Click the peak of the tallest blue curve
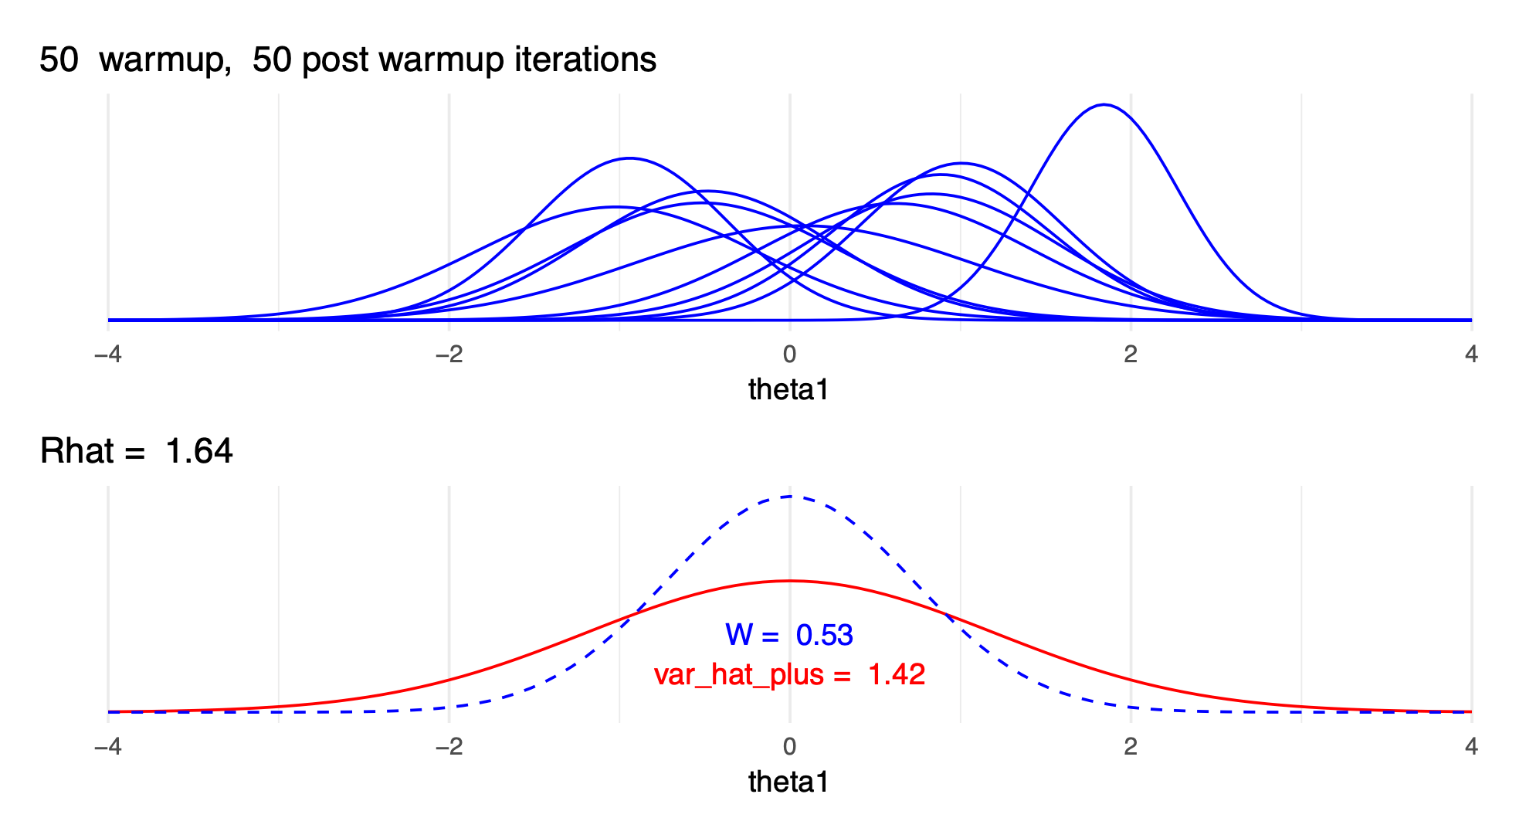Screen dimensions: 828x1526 [1104, 105]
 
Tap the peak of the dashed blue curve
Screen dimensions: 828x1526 [790, 497]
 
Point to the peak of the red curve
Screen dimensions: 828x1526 [790, 581]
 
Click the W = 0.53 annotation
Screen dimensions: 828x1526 [789, 635]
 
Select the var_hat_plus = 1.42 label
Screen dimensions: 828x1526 [789, 674]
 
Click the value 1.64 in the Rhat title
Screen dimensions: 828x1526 [198, 451]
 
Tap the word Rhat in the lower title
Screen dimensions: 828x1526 [75, 451]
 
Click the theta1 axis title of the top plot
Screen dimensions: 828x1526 [789, 389]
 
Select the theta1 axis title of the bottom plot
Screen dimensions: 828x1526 [789, 782]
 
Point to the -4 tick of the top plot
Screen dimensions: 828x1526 [107, 355]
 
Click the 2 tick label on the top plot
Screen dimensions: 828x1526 [1131, 355]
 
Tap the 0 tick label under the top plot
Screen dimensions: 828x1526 [789, 355]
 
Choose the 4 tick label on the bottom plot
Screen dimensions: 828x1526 [1471, 746]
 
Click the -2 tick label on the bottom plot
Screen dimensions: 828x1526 [449, 746]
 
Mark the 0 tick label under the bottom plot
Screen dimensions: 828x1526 [789, 746]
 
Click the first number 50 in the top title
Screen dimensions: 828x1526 [59, 60]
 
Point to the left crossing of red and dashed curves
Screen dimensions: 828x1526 [634, 615]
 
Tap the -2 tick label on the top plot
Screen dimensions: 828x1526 [449, 355]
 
